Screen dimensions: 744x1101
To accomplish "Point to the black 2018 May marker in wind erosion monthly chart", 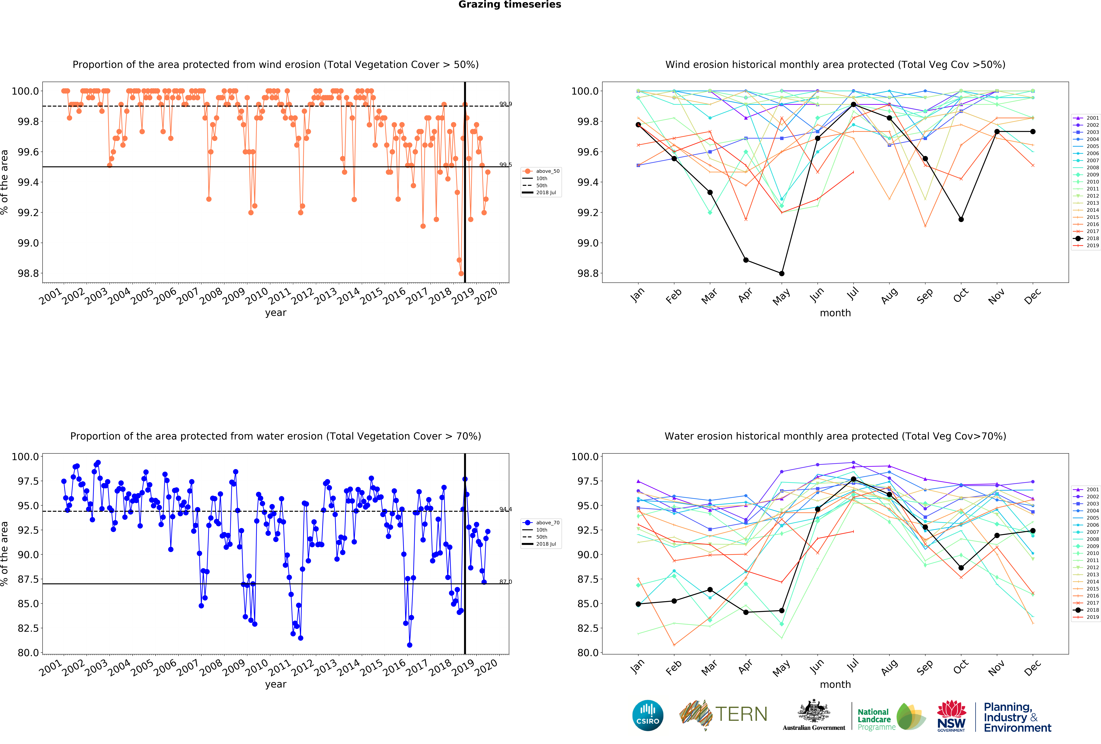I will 782,273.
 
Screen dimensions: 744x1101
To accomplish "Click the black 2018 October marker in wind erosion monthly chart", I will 961,219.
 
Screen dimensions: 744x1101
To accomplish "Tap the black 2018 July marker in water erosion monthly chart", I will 853,479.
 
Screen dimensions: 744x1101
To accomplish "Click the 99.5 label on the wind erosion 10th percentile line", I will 505,165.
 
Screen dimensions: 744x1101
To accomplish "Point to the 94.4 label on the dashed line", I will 505,509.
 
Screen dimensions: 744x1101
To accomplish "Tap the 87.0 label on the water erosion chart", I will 505,582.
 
